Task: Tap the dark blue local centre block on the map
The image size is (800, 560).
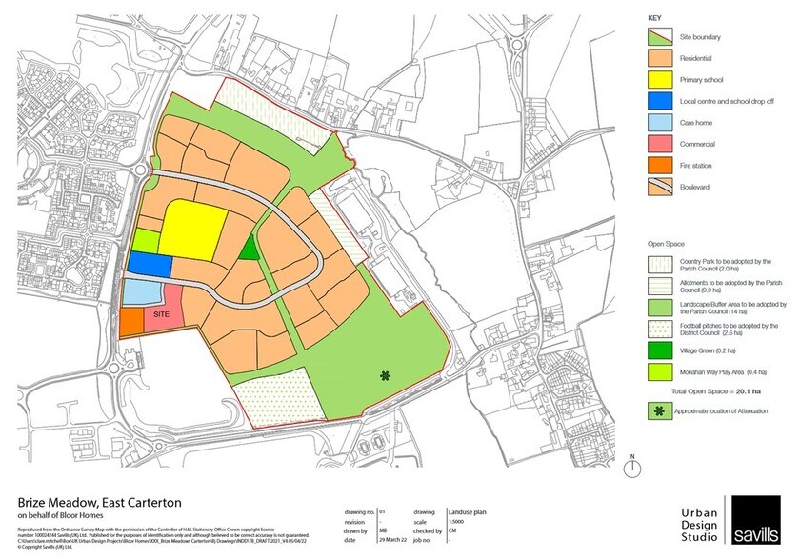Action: click(150, 264)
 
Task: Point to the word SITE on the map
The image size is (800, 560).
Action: click(163, 314)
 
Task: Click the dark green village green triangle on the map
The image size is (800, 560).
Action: click(249, 250)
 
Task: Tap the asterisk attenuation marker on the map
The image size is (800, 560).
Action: click(385, 375)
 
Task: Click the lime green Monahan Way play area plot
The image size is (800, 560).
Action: click(145, 241)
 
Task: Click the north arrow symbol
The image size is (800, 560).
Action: click(631, 466)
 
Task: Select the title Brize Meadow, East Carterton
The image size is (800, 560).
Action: click(99, 502)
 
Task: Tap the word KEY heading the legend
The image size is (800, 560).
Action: click(654, 18)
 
